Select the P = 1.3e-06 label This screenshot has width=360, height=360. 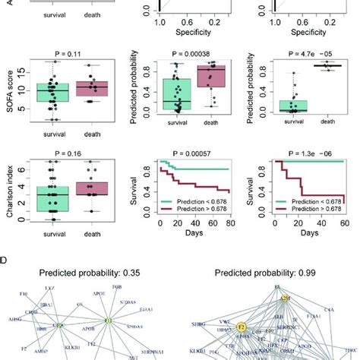click(x=311, y=152)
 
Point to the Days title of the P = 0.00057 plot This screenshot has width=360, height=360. click(x=194, y=235)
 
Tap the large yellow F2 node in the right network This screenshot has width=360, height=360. click(x=242, y=327)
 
